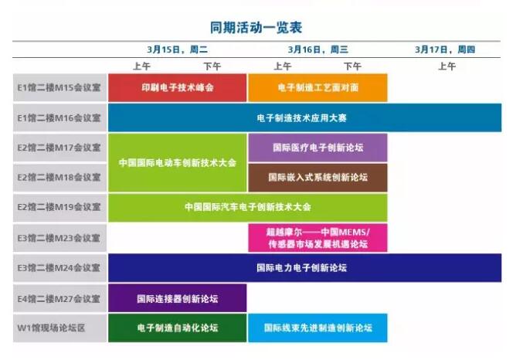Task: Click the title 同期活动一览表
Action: pyautogui.click(x=256, y=27)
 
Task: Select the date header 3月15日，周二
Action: pyautogui.click(x=178, y=49)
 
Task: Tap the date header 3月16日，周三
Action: pyautogui.click(x=318, y=49)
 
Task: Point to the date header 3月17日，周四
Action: pyautogui.click(x=445, y=49)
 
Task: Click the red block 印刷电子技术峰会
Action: pyautogui.click(x=178, y=88)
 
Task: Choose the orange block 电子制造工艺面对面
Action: pyautogui.click(x=318, y=88)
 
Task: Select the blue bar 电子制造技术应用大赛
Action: pyautogui.click(x=304, y=117)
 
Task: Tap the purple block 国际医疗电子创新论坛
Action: pyautogui.click(x=318, y=148)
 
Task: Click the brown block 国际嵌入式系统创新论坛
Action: pyautogui.click(x=318, y=178)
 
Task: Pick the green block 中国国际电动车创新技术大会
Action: pyautogui.click(x=178, y=163)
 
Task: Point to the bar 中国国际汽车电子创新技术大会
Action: pyautogui.click(x=248, y=207)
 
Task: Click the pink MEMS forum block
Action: pyautogui.click(x=318, y=238)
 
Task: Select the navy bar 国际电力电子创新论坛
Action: pyautogui.click(x=304, y=268)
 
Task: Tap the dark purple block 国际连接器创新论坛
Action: pyautogui.click(x=178, y=298)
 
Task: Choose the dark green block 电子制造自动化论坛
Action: pyautogui.click(x=178, y=328)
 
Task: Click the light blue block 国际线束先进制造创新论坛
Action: pyautogui.click(x=318, y=328)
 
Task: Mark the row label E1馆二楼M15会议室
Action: pyautogui.click(x=59, y=88)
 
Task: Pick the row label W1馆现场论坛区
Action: pyautogui.click(x=51, y=328)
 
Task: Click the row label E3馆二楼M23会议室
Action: pyautogui.click(x=59, y=238)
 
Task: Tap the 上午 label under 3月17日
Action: pyautogui.click(x=447, y=66)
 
